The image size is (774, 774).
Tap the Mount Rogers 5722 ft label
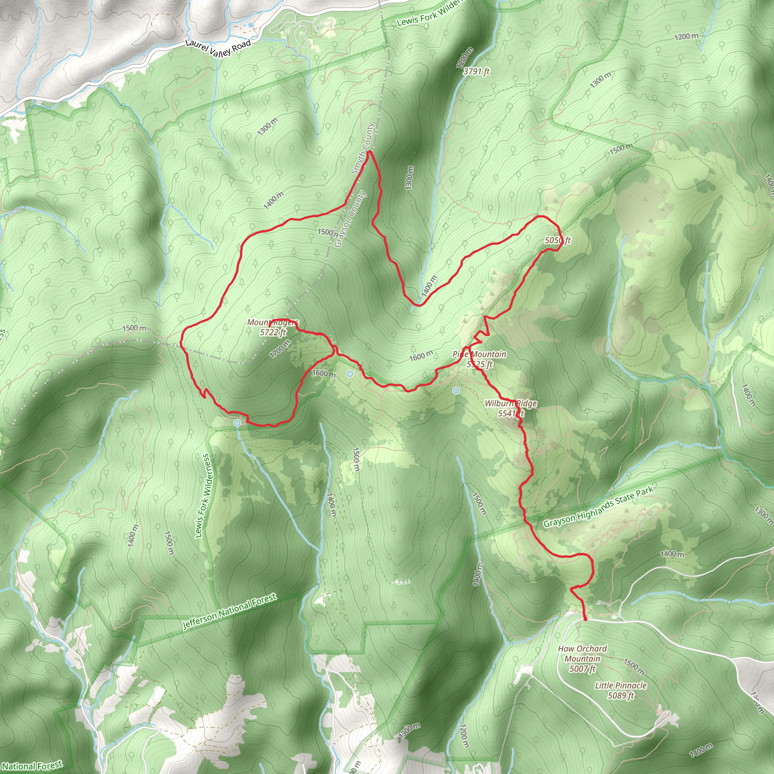click(273, 327)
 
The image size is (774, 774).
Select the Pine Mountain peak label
click(480, 359)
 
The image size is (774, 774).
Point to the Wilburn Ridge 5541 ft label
click(510, 408)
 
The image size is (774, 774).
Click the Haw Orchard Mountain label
click(582, 659)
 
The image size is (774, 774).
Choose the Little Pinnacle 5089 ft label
click(621, 690)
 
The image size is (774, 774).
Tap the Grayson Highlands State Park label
click(598, 507)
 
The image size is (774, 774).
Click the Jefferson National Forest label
click(229, 612)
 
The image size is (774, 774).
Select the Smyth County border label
click(362, 149)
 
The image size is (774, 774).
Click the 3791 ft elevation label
click(476, 72)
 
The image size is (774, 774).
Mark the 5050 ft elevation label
click(558, 240)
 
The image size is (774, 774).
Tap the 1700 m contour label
click(280, 348)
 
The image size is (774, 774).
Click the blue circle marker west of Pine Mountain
click(350, 374)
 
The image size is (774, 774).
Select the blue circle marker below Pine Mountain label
click(456, 390)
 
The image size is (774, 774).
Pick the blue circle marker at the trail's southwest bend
click(238, 423)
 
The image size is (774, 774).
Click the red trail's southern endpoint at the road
click(585, 619)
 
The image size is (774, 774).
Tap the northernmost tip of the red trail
click(369, 152)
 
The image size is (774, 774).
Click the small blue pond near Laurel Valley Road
click(251, 25)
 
